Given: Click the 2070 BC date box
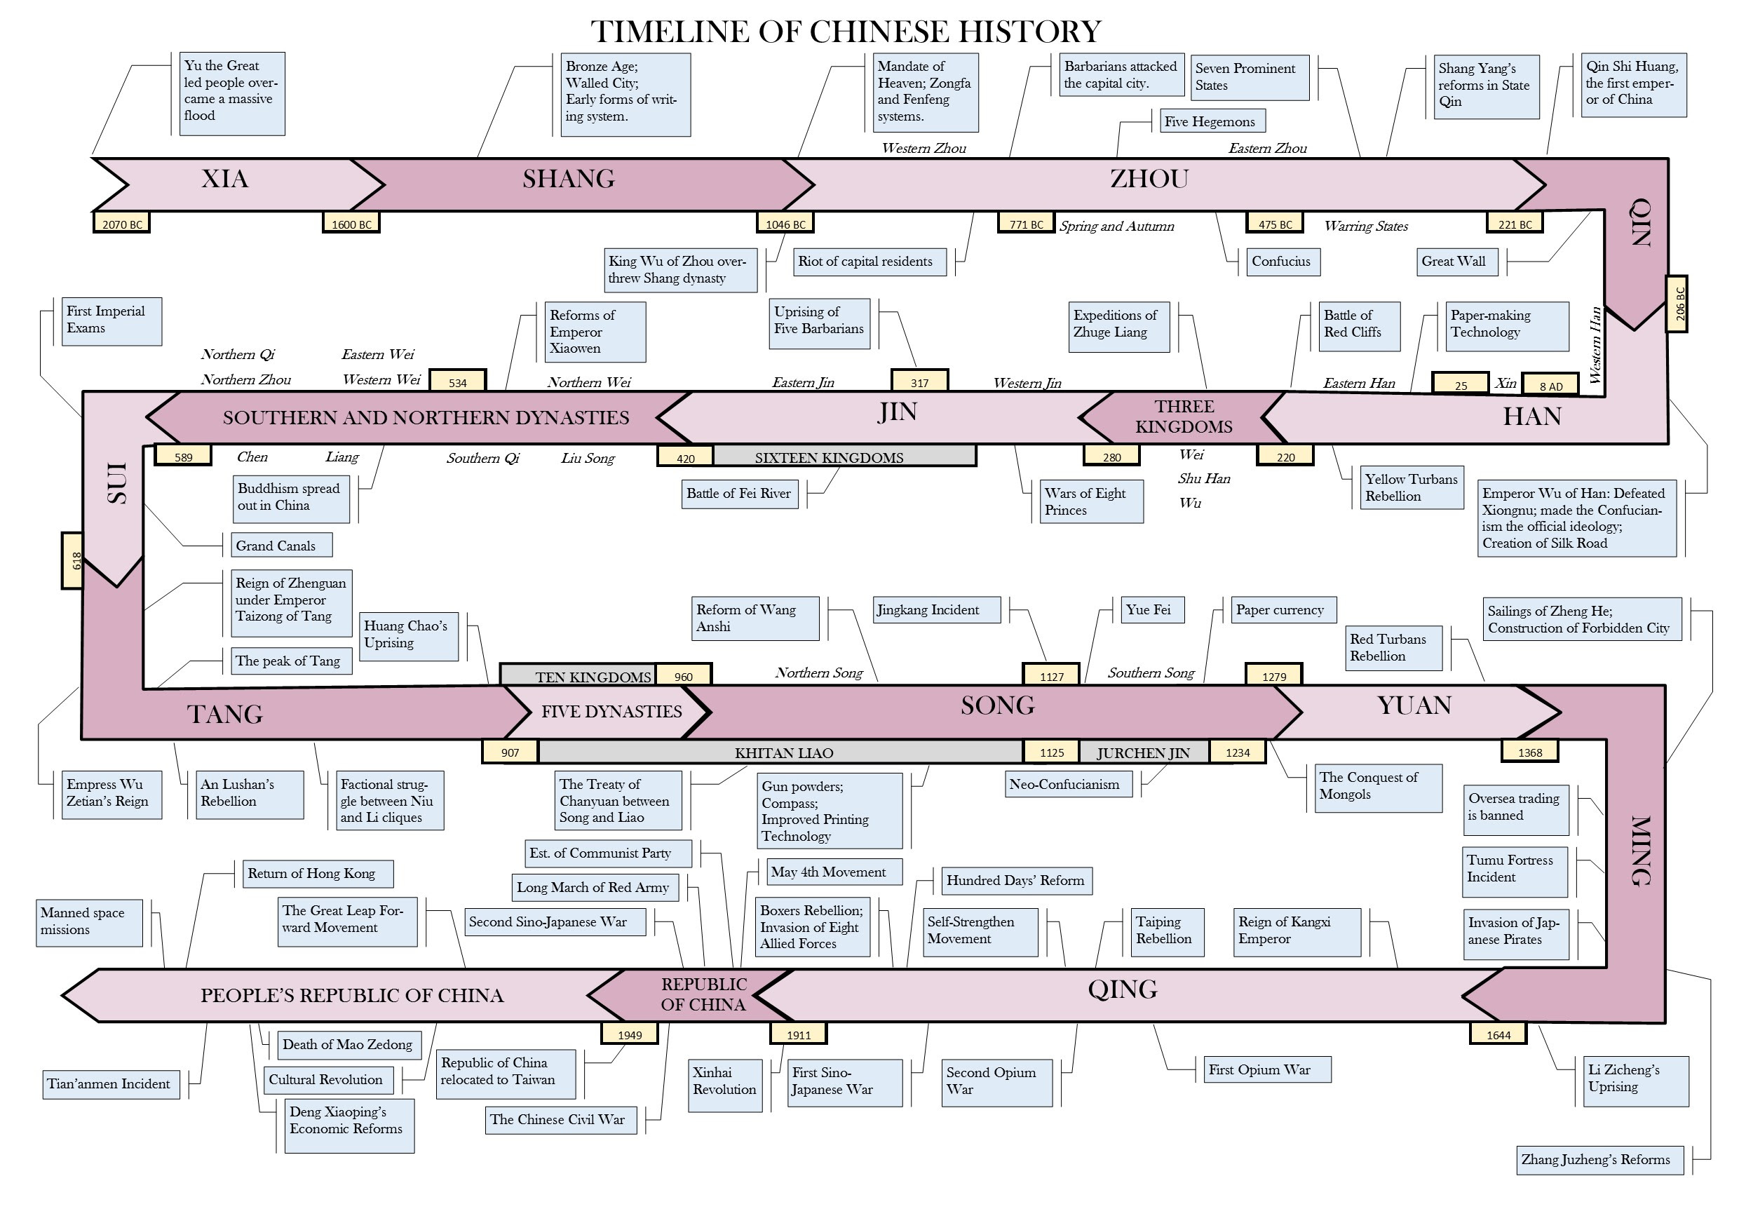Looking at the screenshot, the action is click(x=121, y=223).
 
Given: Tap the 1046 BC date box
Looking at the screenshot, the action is click(x=785, y=223).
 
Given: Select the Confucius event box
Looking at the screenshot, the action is click(x=1282, y=262).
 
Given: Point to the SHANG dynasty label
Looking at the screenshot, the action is click(x=569, y=179).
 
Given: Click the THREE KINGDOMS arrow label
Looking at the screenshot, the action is click(x=1184, y=417).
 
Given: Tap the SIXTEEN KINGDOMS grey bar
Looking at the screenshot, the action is click(x=844, y=456).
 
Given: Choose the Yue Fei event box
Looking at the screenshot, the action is click(x=1153, y=609).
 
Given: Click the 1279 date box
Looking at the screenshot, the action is click(x=1274, y=675).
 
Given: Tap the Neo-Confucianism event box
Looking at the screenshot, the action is click(x=1068, y=785).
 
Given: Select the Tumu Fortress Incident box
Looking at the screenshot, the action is click(x=1515, y=872).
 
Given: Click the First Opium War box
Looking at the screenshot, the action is click(x=1267, y=1069).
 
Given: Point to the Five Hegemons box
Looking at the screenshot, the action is click(x=1212, y=121).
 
